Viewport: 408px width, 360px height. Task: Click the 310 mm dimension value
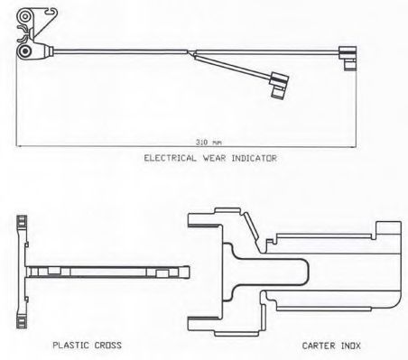click(x=209, y=142)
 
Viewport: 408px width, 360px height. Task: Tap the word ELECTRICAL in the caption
click(x=170, y=158)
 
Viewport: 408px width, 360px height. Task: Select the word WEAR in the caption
click(x=214, y=158)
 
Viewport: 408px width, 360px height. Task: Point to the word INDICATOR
click(x=255, y=158)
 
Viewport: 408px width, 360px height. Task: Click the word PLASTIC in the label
click(x=70, y=345)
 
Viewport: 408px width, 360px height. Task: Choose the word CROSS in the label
click(x=108, y=345)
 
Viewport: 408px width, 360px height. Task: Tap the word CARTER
click(x=319, y=346)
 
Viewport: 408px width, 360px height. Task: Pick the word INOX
click(x=350, y=346)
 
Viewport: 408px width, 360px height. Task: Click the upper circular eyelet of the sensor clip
click(x=24, y=16)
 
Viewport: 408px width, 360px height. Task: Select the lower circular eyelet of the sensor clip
click(x=24, y=51)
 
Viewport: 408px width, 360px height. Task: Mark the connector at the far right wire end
click(x=348, y=59)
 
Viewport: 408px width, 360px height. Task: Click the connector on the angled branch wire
click(x=279, y=85)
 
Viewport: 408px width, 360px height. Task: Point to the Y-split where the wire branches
click(x=191, y=52)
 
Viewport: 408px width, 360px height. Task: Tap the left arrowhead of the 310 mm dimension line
click(x=18, y=146)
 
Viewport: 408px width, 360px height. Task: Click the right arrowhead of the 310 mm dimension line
click(x=354, y=147)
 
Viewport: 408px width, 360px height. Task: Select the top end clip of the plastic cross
click(x=22, y=223)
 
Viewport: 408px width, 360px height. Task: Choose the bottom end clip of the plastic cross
click(x=22, y=321)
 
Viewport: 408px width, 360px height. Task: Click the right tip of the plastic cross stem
click(x=189, y=272)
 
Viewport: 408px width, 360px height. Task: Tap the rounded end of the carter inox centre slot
click(x=308, y=272)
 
